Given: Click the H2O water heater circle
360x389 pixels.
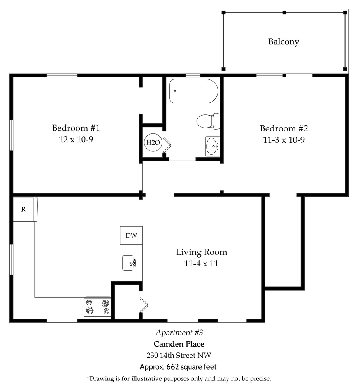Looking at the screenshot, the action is click(153, 142).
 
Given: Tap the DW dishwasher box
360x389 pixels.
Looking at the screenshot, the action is click(131, 235).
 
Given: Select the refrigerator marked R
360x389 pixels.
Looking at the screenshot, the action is click(24, 209).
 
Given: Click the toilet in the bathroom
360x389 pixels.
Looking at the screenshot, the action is click(208, 121).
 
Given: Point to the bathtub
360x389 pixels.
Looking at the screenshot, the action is click(194, 91).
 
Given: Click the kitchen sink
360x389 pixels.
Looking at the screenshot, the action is click(129, 263).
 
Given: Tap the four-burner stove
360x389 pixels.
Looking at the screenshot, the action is click(98, 307).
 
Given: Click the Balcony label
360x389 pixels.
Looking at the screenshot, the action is click(284, 42).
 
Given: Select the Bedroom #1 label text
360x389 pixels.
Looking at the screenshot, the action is click(76, 128).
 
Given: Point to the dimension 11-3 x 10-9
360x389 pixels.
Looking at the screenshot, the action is click(284, 140).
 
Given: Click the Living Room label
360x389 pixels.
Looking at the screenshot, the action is click(201, 252).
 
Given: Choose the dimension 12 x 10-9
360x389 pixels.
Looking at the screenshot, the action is click(76, 139).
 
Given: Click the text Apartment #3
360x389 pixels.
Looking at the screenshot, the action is click(179, 333).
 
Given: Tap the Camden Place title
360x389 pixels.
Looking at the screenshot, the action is click(179, 344).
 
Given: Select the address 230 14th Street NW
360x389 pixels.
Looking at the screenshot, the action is click(179, 356).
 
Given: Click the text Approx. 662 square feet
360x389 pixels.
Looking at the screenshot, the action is click(178, 367).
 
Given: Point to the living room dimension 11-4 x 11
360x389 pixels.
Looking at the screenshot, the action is click(201, 263).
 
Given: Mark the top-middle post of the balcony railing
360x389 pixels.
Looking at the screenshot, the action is click(284, 12).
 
